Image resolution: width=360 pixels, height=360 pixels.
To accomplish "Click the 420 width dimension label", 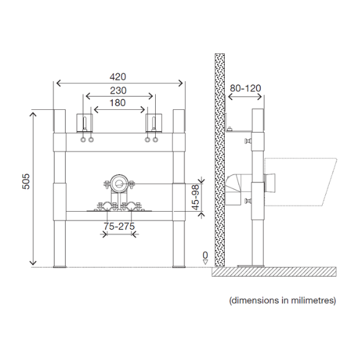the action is [x=118, y=77].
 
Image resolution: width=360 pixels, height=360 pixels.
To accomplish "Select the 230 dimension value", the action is [x=118, y=91].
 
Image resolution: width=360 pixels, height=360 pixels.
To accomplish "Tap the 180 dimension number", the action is [x=117, y=103].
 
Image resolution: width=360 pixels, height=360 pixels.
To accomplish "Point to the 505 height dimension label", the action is [x=26, y=181].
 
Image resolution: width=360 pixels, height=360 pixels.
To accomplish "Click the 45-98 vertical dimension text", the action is [x=196, y=197].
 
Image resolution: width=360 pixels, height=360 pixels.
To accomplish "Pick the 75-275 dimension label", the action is [x=119, y=227].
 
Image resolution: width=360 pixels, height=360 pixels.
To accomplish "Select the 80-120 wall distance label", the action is [x=245, y=88].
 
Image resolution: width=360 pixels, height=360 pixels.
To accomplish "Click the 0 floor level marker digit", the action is [x=205, y=255].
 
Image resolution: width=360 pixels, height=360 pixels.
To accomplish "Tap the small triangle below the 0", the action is [x=205, y=262].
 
